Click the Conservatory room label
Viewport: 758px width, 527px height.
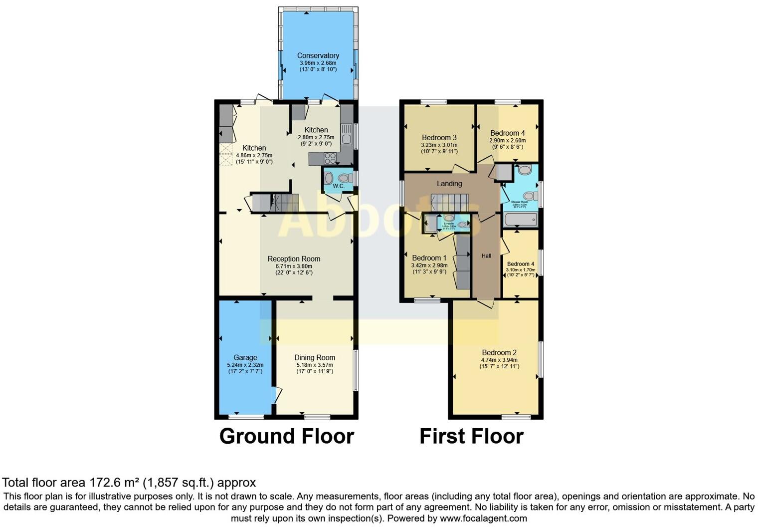(318, 55)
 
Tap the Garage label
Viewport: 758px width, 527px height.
(245, 357)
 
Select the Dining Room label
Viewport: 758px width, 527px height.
(315, 357)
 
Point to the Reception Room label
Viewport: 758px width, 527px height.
(294, 259)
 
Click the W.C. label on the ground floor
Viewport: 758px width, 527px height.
(339, 186)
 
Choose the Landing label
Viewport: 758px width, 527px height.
(449, 183)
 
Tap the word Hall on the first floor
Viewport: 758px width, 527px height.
(486, 256)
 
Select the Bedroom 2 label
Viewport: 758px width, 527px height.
(499, 352)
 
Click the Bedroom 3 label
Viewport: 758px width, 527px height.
(439, 137)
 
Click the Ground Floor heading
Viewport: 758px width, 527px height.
(287, 436)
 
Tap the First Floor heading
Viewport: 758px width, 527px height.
(471, 436)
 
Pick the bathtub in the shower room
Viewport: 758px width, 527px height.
(520, 219)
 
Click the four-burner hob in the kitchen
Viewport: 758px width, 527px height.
(330, 158)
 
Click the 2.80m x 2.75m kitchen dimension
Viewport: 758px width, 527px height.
(316, 137)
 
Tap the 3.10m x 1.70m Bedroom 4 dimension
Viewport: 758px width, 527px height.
(521, 269)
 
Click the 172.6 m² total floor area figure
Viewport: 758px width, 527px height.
(115, 483)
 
